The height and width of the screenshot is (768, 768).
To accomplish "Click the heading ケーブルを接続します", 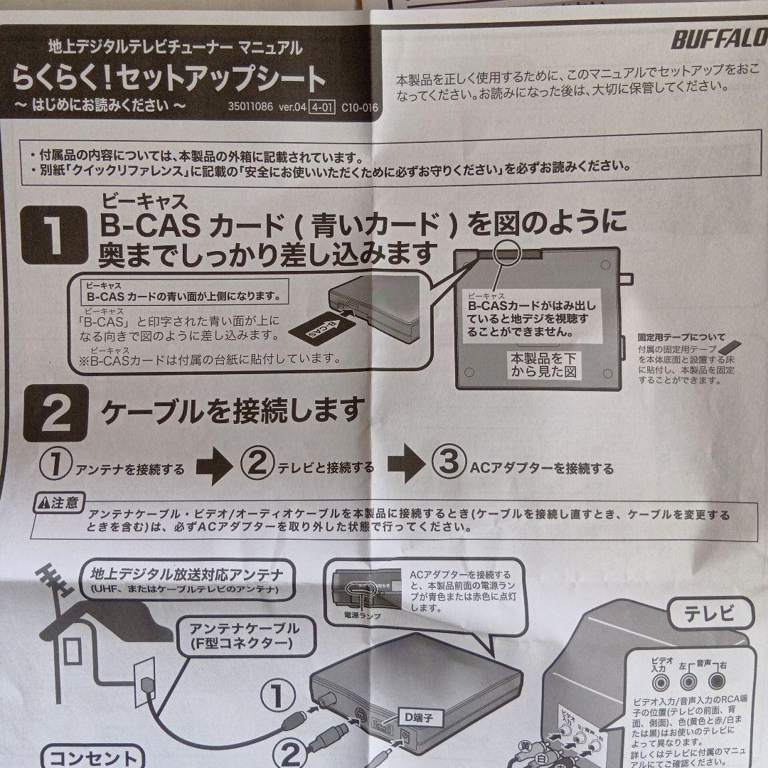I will point(233,410).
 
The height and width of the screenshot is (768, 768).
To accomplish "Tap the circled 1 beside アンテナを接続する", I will point(54,466).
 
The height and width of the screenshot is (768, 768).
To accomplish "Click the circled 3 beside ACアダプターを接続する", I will point(448,464).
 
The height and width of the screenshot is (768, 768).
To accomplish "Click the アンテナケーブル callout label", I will point(244,636).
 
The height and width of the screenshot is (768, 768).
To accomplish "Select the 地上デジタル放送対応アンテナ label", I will point(187,574).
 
